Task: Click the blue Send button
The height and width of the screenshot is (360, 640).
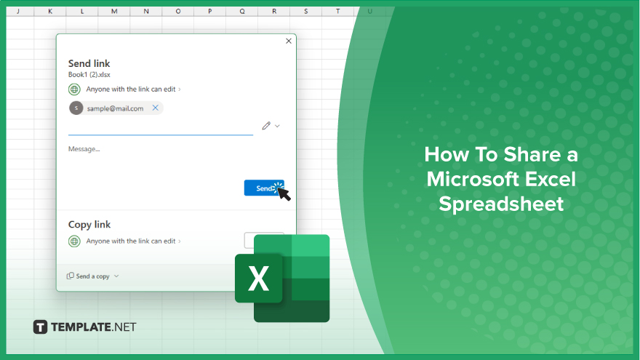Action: tap(264, 188)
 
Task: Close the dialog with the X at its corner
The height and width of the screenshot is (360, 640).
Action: tap(289, 41)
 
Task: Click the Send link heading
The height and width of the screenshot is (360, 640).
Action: tap(89, 63)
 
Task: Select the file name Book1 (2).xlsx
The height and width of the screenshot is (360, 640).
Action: tap(89, 75)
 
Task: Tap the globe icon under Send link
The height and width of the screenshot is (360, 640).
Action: tap(74, 89)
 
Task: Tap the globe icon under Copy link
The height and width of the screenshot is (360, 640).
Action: tap(74, 241)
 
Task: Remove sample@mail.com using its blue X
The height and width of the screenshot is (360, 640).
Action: tap(156, 108)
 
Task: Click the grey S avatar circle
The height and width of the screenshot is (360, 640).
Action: tap(76, 108)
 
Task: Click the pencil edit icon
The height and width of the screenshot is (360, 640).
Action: tap(266, 126)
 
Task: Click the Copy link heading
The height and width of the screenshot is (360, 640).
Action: tap(89, 225)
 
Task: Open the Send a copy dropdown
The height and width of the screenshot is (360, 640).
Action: tap(92, 276)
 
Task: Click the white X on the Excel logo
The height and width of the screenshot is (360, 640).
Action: tap(258, 279)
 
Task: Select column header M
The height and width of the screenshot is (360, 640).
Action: tap(114, 12)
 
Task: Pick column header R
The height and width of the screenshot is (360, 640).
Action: tap(274, 12)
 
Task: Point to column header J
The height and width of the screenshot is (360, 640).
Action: tap(18, 12)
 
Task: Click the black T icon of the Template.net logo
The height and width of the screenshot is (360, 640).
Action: tap(40, 327)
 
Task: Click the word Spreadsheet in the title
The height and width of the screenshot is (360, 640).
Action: tap(501, 204)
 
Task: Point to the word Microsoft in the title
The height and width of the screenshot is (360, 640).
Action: tap(468, 179)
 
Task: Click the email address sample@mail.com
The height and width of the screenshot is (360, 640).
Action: tap(115, 108)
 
